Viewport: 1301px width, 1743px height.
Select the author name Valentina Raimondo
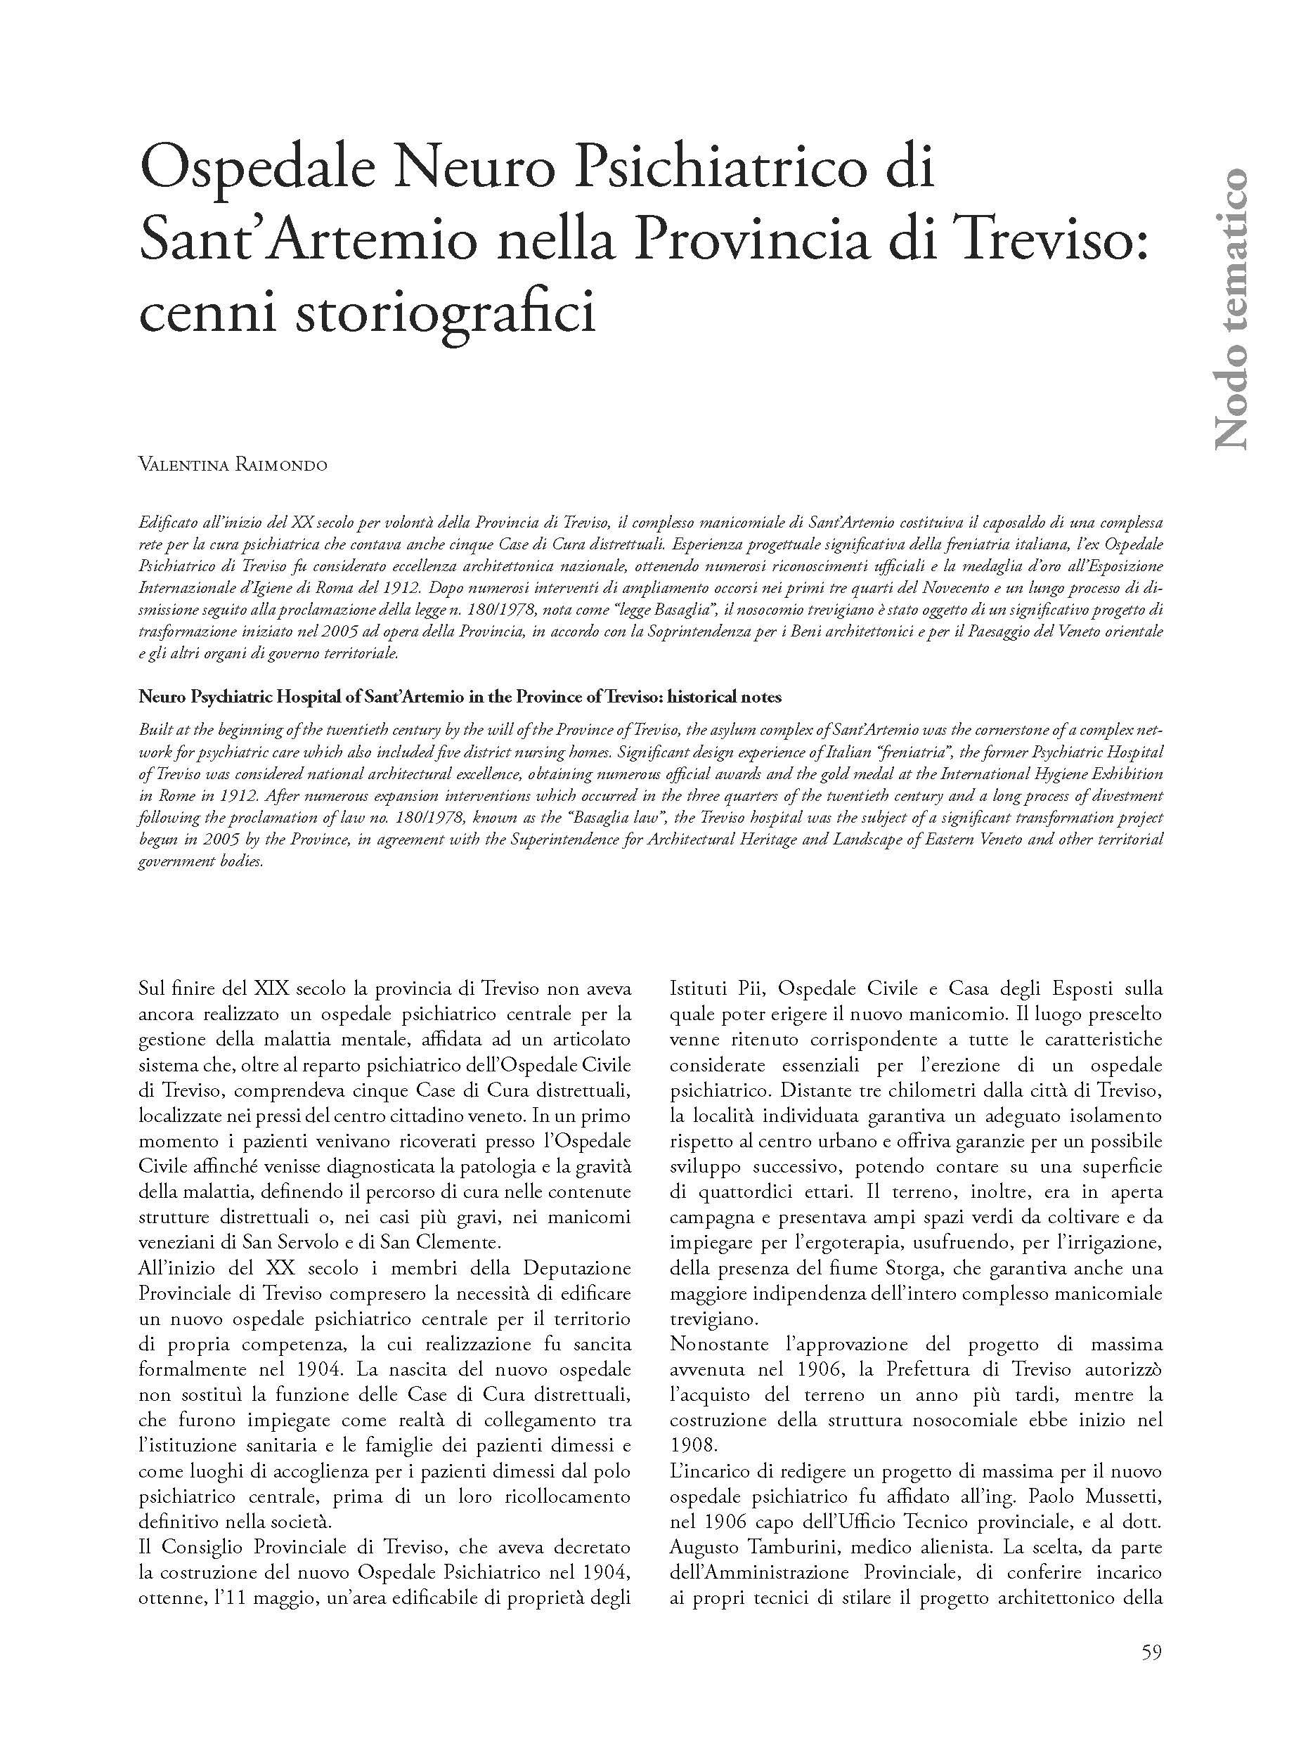233,465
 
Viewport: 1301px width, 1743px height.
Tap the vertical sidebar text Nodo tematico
1229,308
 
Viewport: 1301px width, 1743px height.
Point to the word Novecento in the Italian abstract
810,589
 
